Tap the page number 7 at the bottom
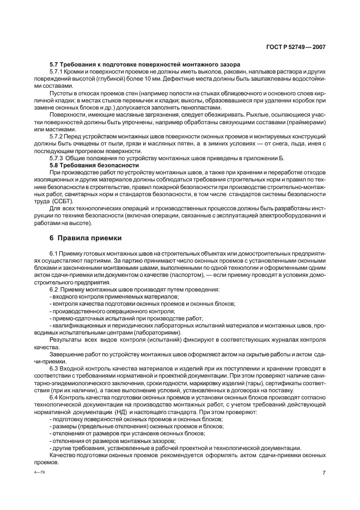[x=324, y=472]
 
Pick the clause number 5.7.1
[x=57, y=72]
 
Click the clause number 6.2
[x=53, y=290]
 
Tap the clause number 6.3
[x=53, y=368]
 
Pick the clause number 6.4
[x=53, y=397]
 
